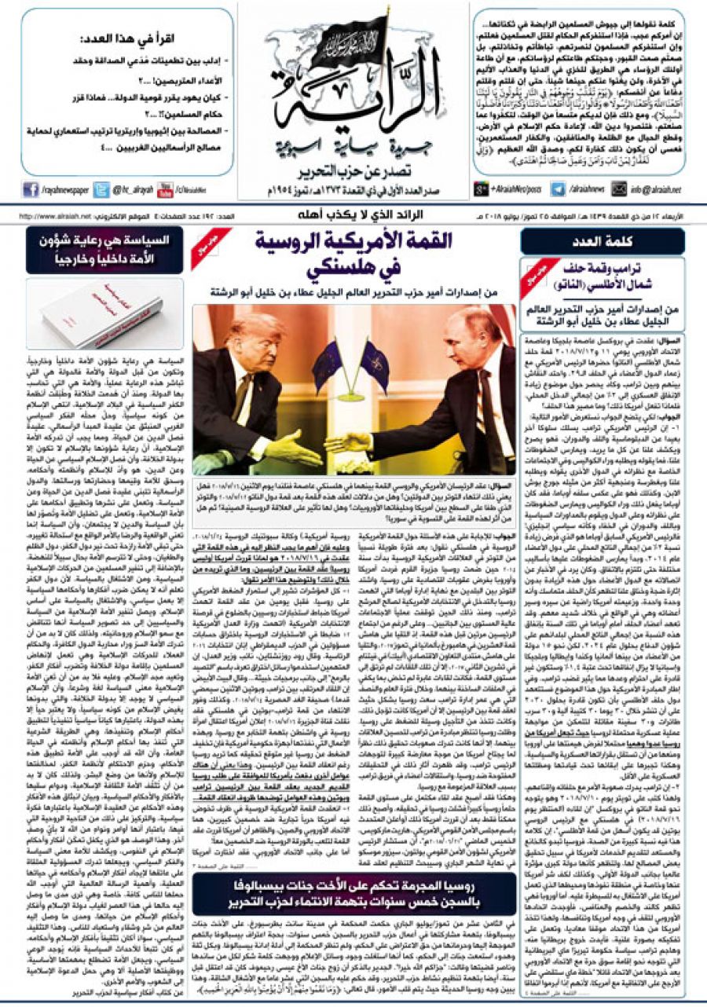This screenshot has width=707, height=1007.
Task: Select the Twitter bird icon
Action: pyautogui.click(x=101, y=189)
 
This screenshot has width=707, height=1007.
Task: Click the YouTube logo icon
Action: pyautogui.click(x=165, y=189)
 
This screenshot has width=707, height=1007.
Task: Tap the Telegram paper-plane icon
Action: pyautogui.click(x=558, y=189)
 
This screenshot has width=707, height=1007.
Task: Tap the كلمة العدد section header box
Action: pyautogui.click(x=602, y=241)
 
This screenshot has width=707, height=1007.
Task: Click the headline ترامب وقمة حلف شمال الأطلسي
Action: pyautogui.click(x=612, y=274)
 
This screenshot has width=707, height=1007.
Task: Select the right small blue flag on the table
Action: pyautogui.click(x=374, y=364)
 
